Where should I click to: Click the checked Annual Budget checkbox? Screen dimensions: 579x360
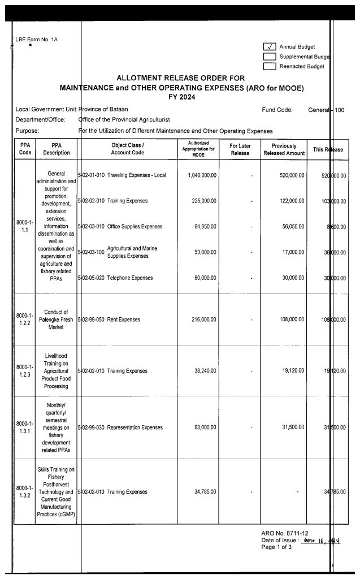[x=270, y=47]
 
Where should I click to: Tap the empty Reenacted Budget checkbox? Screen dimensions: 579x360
[x=270, y=66]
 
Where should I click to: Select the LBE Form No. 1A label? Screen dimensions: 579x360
[x=37, y=40]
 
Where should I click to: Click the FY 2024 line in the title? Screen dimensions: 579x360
[x=181, y=97]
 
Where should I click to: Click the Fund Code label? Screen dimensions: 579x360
[x=277, y=109]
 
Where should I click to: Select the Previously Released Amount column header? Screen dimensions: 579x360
[x=284, y=149]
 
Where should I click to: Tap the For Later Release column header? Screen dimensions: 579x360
[x=241, y=149]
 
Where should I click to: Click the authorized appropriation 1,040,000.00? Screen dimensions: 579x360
[x=202, y=176]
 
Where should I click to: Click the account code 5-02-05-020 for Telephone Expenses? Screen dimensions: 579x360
[x=90, y=278]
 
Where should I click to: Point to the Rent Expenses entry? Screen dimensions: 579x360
[x=123, y=319]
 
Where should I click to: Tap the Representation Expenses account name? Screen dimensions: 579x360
[x=135, y=427]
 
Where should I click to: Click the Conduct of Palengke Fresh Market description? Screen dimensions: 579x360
[x=56, y=319]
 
